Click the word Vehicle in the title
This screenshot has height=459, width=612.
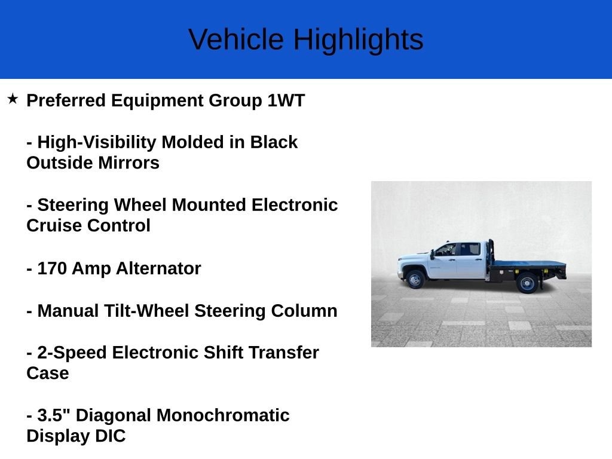(235, 39)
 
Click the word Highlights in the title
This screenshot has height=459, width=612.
(359, 40)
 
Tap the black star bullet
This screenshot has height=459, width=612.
(13, 99)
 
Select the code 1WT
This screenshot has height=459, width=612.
(286, 100)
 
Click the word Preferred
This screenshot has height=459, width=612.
(66, 100)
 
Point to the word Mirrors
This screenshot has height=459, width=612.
(128, 163)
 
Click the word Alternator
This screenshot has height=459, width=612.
(158, 268)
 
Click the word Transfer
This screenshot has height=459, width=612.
(284, 353)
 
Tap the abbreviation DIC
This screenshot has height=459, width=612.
(111, 436)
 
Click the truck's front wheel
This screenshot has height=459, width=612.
(415, 280)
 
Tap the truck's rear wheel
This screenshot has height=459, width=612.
(527, 283)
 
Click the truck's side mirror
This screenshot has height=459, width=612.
(432, 255)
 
